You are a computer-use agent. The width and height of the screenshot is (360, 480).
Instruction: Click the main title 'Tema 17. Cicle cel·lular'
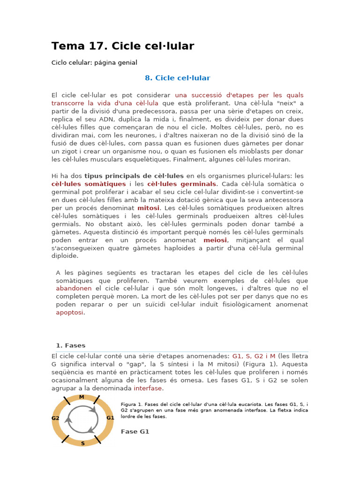[122, 46]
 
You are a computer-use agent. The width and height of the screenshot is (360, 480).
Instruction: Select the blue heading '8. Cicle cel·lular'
[177, 78]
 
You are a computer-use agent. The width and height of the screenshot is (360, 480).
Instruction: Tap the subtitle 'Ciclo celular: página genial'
[94, 62]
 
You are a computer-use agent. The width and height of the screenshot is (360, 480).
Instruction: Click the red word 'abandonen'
[74, 288]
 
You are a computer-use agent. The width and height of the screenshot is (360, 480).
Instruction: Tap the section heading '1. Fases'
[70, 345]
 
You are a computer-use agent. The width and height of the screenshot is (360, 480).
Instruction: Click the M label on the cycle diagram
[82, 397]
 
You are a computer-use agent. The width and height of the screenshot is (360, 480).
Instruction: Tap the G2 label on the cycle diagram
[55, 418]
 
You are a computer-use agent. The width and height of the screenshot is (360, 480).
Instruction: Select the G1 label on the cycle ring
[110, 418]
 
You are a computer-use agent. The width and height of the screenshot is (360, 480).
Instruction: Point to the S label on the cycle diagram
[83, 443]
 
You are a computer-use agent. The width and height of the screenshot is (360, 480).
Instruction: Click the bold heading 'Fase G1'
[135, 431]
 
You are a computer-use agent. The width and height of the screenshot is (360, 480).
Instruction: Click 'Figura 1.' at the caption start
[132, 405]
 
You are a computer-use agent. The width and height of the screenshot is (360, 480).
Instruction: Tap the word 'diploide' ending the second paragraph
[65, 256]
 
